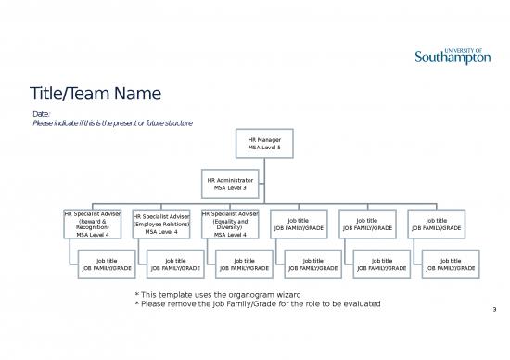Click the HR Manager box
coord(264,144)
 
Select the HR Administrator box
coord(230,182)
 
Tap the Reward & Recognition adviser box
coord(93,225)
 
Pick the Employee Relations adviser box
coord(161,225)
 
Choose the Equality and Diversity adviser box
coord(230,225)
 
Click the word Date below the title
coord(42,113)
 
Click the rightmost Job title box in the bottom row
coord(450,264)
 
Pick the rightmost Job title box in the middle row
coord(436,225)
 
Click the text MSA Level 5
coord(264,148)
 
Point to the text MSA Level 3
coord(230,187)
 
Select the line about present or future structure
coord(112,123)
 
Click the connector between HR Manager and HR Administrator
coord(264,162)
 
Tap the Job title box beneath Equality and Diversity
coord(244,264)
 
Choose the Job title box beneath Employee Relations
coord(175,264)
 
